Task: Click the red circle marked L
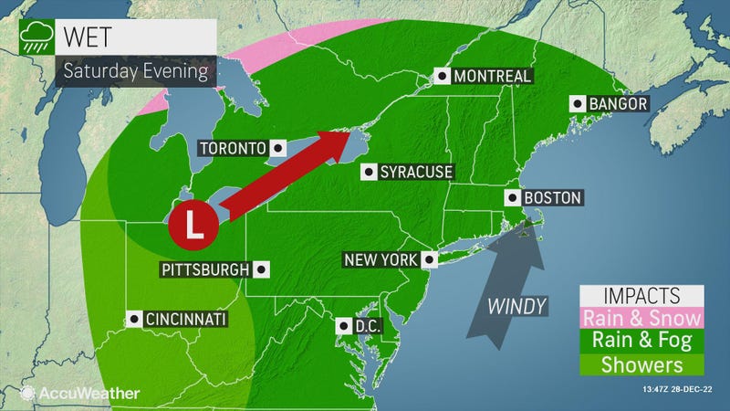(193, 223)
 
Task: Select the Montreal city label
(493, 76)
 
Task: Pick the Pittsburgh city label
(204, 269)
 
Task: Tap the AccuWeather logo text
(89, 393)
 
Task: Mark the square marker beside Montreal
(443, 76)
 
